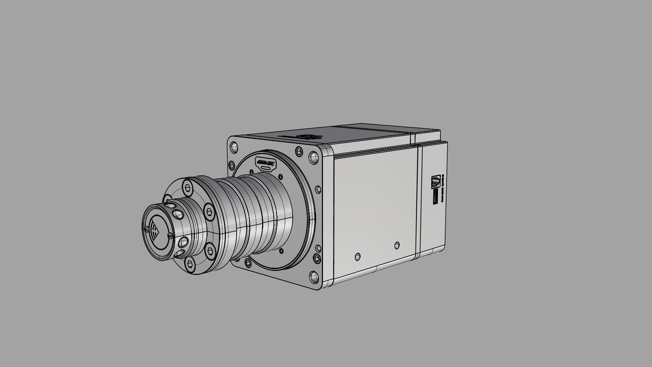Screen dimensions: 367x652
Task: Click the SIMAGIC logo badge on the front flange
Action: [x=266, y=163]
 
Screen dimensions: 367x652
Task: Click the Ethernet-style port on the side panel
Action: [x=436, y=182]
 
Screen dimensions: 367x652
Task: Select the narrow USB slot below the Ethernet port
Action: [x=435, y=197]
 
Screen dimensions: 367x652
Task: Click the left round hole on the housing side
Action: [x=358, y=257]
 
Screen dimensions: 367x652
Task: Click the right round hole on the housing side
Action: [x=397, y=245]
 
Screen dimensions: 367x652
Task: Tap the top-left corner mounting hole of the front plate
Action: [x=234, y=147]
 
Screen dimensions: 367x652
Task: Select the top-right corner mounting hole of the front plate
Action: [x=314, y=157]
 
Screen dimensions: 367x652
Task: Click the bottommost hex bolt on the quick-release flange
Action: [x=190, y=263]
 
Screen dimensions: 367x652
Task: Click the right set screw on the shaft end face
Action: [x=169, y=234]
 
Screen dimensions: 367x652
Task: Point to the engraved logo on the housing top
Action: [x=307, y=137]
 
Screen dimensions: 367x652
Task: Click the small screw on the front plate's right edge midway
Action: [x=318, y=189]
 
